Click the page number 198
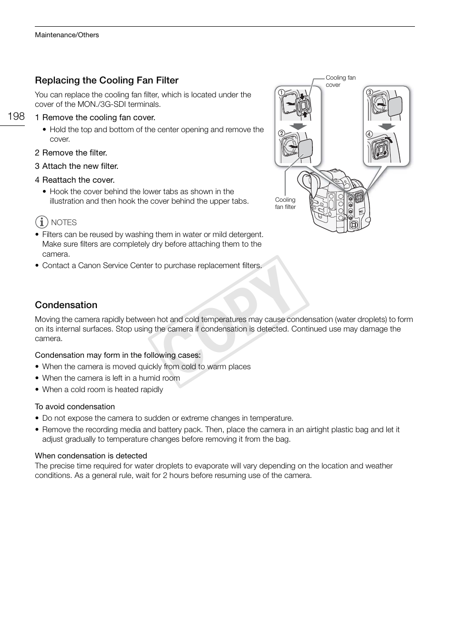16,116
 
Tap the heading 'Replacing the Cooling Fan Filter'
106,80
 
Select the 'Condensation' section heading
66,305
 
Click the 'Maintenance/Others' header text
67,35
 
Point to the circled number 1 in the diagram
281,92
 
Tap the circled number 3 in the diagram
369,92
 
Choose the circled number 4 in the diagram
369,134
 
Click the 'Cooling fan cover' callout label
340,81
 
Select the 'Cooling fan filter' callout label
285,203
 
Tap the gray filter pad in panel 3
395,106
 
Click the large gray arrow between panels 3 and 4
387,126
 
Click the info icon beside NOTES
42,222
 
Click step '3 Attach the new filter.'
76,166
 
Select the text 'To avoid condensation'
75,406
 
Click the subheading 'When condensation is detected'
91,456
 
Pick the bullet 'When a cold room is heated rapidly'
102,389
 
